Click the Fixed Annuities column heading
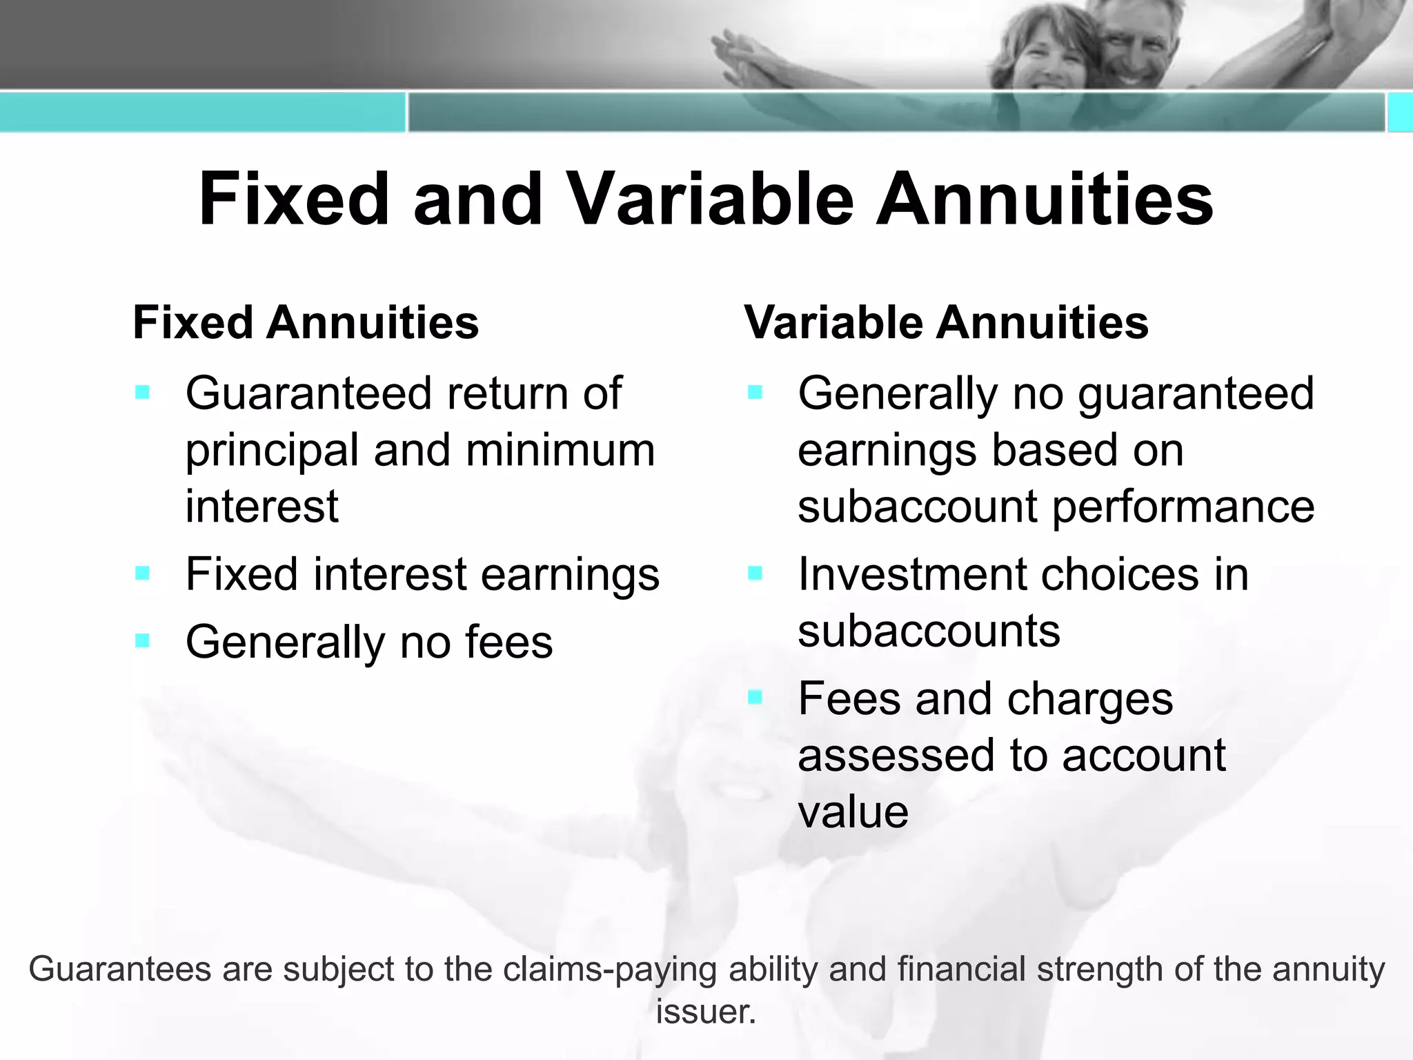point(306,322)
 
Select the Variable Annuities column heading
point(946,322)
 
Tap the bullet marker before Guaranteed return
point(143,393)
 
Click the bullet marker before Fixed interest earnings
point(143,573)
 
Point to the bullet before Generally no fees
point(143,641)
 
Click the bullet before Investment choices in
point(755,573)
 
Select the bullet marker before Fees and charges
point(755,698)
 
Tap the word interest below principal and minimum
point(261,506)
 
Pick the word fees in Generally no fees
point(508,641)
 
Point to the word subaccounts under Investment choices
point(929,631)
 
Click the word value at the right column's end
point(853,812)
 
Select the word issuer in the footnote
point(706,1012)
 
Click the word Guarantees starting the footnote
point(119,969)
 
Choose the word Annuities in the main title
point(1044,199)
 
